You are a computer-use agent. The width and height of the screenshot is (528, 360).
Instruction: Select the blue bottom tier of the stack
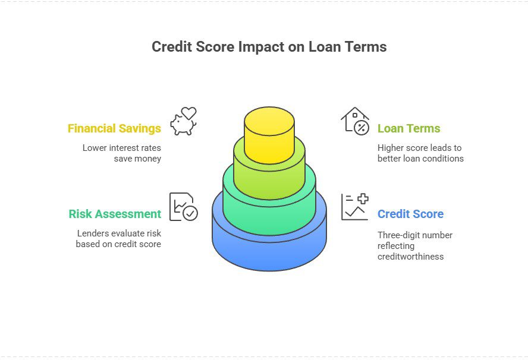click(269, 250)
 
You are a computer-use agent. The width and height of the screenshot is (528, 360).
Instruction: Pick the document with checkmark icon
click(183, 207)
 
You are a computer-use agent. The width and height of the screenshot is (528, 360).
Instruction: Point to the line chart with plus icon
click(355, 207)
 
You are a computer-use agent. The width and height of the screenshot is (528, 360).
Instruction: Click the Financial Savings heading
click(114, 128)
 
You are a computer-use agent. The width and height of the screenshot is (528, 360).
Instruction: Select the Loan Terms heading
click(409, 128)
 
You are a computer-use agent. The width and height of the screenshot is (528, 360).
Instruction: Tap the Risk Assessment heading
click(115, 214)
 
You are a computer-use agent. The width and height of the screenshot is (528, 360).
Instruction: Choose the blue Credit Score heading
click(410, 214)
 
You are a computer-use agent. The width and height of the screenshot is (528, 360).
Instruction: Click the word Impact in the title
click(265, 47)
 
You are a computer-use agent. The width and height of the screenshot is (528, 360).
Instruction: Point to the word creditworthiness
click(410, 257)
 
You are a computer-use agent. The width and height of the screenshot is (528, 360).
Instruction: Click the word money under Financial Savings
click(147, 159)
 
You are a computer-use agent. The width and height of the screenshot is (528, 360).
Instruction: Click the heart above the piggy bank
click(188, 113)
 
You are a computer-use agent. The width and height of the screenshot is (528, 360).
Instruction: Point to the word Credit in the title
click(171, 47)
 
